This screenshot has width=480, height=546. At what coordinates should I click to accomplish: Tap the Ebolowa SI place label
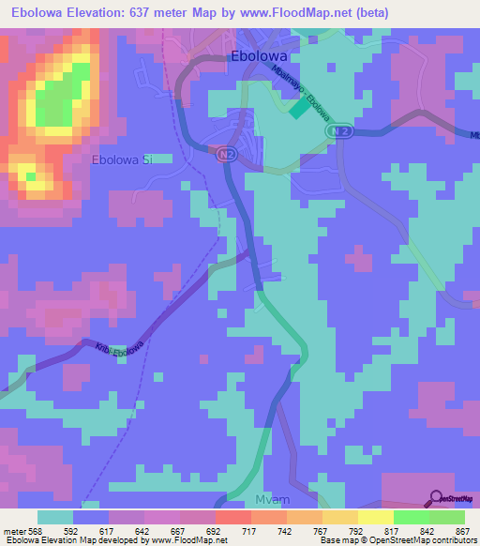click(x=122, y=160)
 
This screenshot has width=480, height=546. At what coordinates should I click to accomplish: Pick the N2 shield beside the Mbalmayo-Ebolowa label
click(x=343, y=133)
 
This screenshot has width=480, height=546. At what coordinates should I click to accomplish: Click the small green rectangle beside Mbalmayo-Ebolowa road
click(x=297, y=110)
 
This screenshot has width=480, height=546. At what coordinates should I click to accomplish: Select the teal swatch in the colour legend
click(x=55, y=517)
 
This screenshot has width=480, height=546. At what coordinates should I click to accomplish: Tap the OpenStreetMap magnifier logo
click(x=436, y=498)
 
